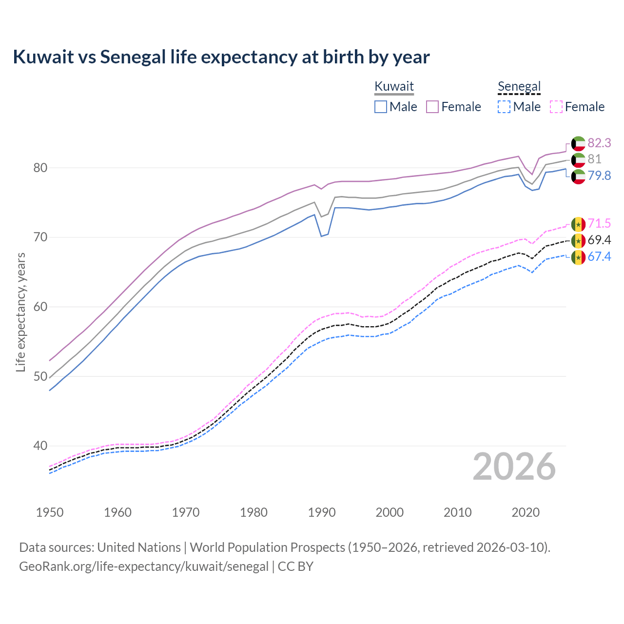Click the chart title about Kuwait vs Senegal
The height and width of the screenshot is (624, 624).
point(221,57)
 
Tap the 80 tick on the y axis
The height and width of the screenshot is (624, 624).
point(40,168)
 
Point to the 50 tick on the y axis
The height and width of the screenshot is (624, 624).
point(40,376)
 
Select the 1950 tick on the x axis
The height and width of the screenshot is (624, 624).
point(50,512)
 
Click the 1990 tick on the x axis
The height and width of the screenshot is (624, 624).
point(322,512)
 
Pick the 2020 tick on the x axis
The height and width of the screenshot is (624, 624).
point(526,512)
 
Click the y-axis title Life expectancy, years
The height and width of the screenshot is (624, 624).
point(20,312)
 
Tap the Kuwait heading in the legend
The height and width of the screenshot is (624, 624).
point(394,86)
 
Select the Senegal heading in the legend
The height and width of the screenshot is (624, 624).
point(519,86)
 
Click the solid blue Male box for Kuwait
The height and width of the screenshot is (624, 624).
point(381,107)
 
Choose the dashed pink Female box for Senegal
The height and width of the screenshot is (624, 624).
point(556,107)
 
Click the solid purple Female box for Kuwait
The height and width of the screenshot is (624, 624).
point(433,107)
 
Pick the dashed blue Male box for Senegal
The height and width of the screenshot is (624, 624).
point(504,107)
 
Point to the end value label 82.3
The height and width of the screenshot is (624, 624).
point(599,143)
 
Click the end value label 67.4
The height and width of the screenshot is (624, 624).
point(599,256)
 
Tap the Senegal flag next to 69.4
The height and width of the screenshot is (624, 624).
point(578,240)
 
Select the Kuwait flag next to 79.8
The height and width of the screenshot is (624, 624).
point(578,176)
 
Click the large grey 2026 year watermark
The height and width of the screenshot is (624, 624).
point(514,467)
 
